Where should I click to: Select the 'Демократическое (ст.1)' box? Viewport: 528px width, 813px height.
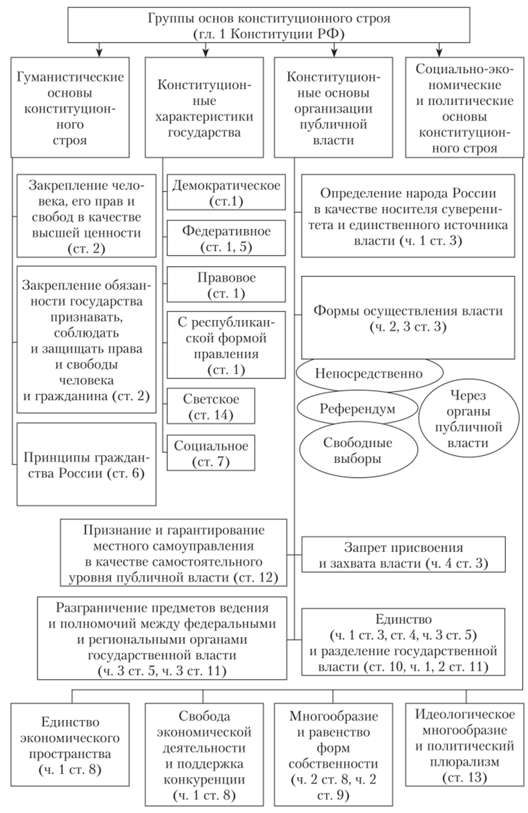(226, 192)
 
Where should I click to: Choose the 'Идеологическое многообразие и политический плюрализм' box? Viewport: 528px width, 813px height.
(465, 738)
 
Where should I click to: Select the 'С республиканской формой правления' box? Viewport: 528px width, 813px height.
(226, 344)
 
